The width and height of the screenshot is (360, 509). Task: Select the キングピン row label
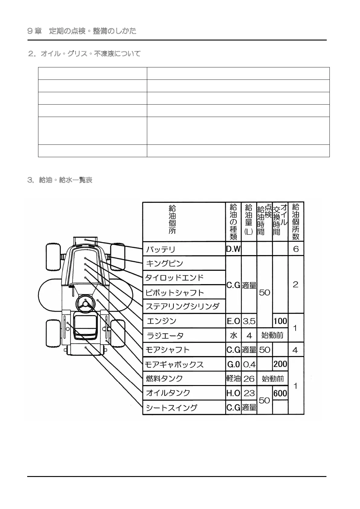[x=164, y=264]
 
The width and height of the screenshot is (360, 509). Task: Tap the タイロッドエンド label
[x=174, y=278]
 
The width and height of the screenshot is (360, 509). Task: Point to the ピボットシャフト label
[x=175, y=293]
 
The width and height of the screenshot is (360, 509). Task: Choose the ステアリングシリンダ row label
[x=182, y=306]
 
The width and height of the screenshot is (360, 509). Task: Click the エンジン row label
[x=161, y=321]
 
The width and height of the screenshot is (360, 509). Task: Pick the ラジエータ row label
[x=165, y=336]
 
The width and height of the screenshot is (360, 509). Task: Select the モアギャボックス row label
[x=174, y=365]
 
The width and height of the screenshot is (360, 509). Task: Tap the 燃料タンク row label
[x=164, y=378]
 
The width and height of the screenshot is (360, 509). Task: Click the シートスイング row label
[x=171, y=408]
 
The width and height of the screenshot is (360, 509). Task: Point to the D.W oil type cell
[x=233, y=249]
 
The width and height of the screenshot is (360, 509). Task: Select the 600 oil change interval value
[x=280, y=393]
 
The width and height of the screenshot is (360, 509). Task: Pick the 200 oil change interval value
[x=280, y=364]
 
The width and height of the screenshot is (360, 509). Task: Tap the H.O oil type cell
[x=233, y=393]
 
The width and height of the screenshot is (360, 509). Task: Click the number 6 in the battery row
[x=296, y=249]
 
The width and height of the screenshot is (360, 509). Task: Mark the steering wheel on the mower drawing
[x=86, y=303]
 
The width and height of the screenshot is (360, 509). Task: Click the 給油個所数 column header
[x=296, y=222]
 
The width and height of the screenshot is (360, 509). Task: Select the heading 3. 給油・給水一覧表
[x=60, y=180]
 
